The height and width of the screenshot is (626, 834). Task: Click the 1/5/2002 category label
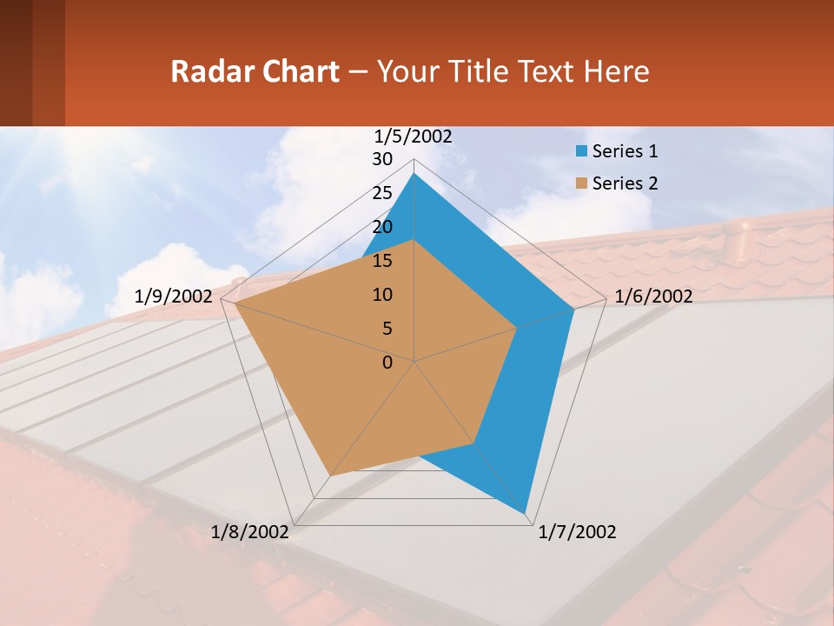pos(414,136)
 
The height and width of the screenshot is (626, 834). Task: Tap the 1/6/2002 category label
pos(653,296)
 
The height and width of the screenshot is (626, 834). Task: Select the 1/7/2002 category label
pos(577,532)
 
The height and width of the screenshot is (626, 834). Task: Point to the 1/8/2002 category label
pos(249,532)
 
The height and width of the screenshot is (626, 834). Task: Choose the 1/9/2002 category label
pos(173,296)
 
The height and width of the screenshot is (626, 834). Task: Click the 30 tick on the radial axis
pos(382,159)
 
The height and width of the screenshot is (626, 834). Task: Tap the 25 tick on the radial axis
pos(382,193)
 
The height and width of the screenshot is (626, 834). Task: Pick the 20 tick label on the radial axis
pos(382,227)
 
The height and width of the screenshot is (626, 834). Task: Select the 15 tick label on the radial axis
pos(382,261)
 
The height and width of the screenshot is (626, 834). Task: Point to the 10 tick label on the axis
pos(382,295)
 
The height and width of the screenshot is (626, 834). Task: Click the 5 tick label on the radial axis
pos(387,329)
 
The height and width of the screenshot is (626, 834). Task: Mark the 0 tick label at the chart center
pos(387,363)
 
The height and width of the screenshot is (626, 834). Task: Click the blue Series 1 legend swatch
pos(581,151)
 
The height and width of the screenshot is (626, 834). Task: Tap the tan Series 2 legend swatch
pos(581,183)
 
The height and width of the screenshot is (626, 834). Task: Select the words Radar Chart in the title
pos(255,71)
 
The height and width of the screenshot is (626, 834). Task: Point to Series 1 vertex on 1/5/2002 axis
pos(414,174)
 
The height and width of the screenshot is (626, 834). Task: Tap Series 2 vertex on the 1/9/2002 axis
pos(235,303)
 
